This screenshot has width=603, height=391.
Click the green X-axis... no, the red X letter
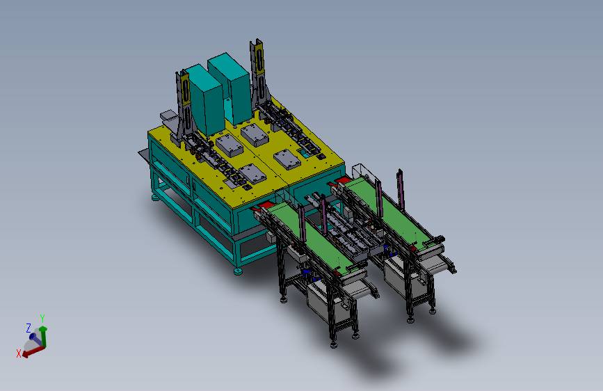[19, 353]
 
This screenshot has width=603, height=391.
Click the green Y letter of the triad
[42, 319]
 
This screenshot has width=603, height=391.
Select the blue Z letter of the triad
[28, 328]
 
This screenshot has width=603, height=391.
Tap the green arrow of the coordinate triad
[43, 337]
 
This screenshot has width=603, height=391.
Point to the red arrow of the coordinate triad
[33, 351]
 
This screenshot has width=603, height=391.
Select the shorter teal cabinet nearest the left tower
[204, 99]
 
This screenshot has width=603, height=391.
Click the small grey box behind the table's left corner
[168, 115]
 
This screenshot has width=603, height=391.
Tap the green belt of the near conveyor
[312, 237]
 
